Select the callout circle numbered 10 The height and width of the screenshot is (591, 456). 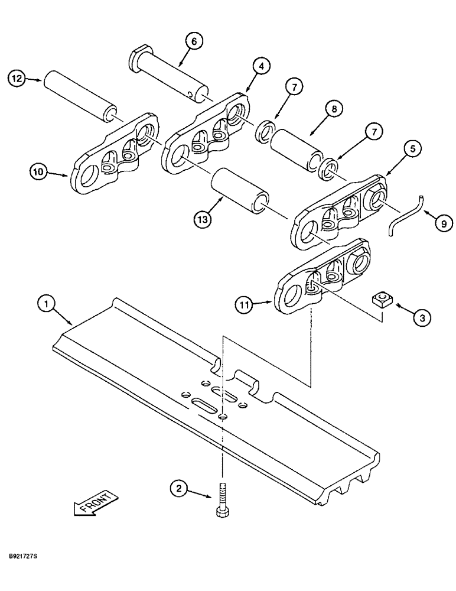pyautogui.click(x=40, y=173)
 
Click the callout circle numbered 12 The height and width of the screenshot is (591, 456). pyautogui.click(x=17, y=77)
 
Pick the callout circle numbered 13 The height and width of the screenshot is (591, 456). pyautogui.click(x=203, y=219)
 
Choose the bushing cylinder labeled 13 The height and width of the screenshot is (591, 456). pyautogui.click(x=240, y=189)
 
